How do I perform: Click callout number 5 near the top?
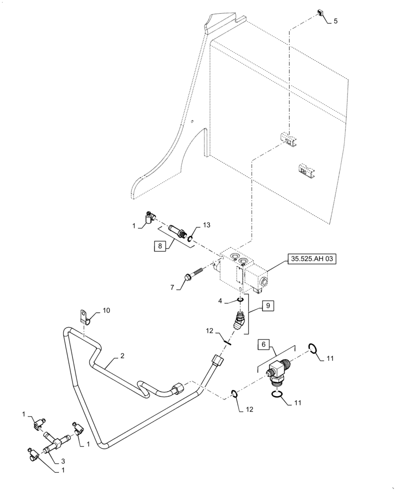[335, 21]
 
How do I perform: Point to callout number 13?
[207, 225]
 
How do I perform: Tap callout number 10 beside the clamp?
[107, 311]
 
